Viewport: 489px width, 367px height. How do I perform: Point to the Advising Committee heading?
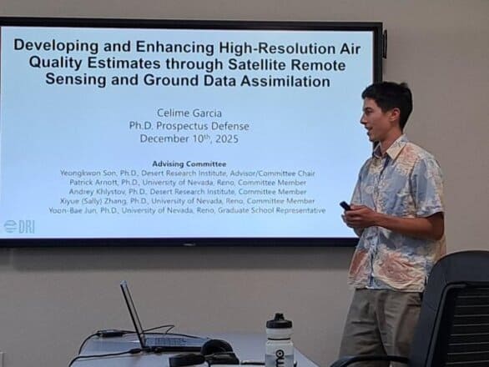[189, 163]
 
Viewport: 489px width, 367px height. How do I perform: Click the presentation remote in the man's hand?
[345, 205]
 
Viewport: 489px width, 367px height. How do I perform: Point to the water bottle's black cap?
[279, 322]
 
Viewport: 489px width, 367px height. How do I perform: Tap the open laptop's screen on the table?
[133, 310]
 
